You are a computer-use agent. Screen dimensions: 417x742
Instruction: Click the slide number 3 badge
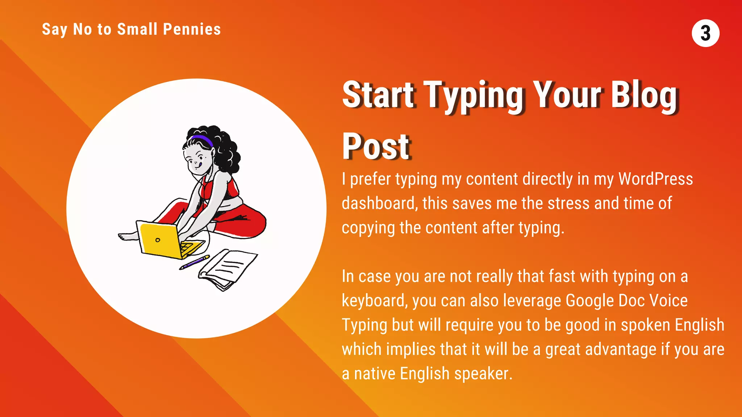pyautogui.click(x=705, y=33)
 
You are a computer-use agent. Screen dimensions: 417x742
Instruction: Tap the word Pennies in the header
pyautogui.click(x=192, y=29)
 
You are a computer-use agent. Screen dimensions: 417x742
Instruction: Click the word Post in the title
pyautogui.click(x=376, y=146)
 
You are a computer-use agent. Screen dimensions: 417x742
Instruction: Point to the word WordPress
pyautogui.click(x=655, y=179)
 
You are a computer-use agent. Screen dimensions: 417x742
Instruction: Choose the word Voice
pyautogui.click(x=668, y=301)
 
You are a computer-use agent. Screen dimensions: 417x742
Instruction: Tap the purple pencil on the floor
pyautogui.click(x=194, y=262)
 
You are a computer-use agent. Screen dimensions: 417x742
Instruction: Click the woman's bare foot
pyautogui.click(x=128, y=236)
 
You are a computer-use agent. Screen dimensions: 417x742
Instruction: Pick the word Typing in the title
pyautogui.click(x=474, y=95)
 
